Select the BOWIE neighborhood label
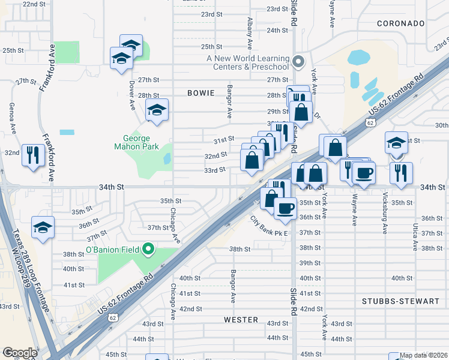(x=200, y=93)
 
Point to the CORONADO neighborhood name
(x=401, y=23)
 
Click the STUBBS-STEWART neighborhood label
(x=401, y=301)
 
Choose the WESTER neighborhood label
(x=241, y=320)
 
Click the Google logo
(x=20, y=353)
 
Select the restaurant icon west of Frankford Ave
(x=32, y=155)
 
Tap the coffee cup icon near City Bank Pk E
(x=285, y=208)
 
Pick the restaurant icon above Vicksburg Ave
(x=400, y=172)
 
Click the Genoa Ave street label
(x=11, y=118)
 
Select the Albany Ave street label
(x=249, y=32)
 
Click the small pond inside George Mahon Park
(x=167, y=159)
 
